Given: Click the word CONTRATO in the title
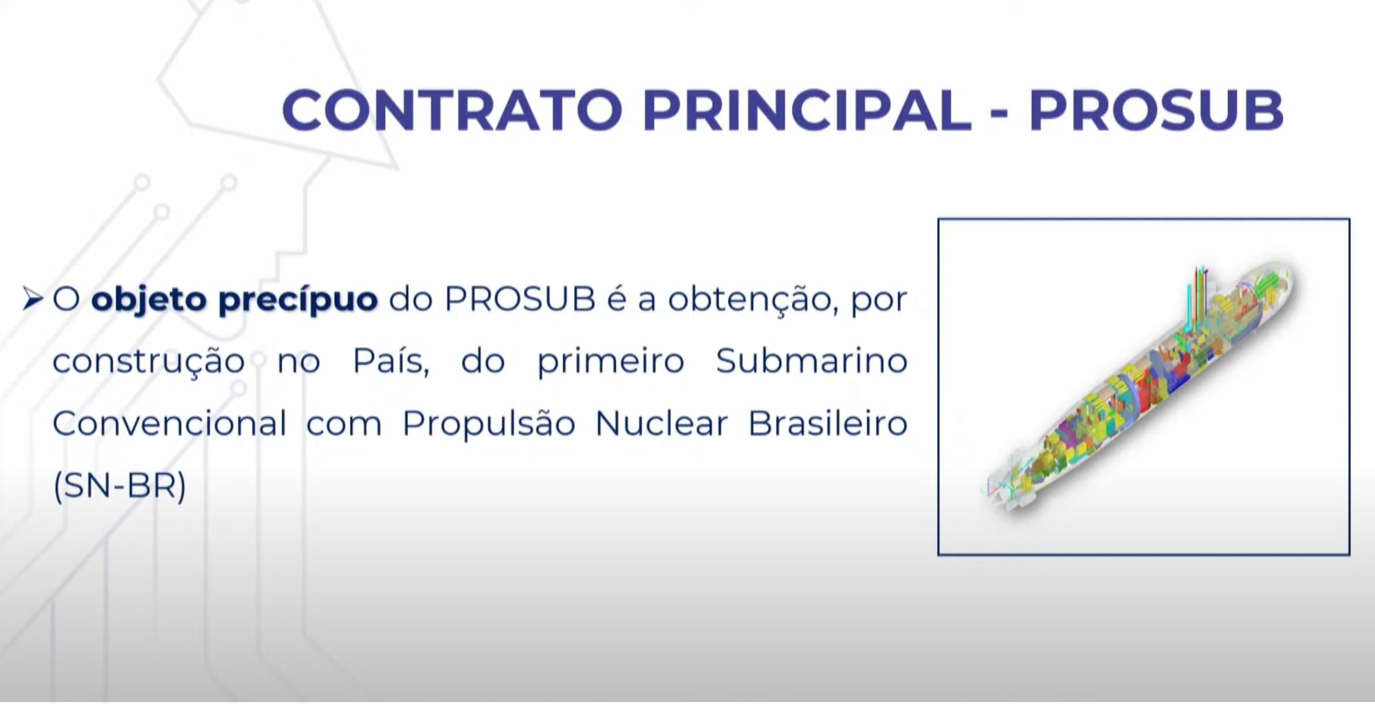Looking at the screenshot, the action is (x=452, y=110).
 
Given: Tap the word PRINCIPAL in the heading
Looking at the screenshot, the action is (x=807, y=110).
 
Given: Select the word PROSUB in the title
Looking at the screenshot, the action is (x=1156, y=110).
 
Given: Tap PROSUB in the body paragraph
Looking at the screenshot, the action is (x=520, y=299).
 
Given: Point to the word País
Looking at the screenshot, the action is (x=391, y=361).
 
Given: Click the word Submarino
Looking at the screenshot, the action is (x=812, y=361).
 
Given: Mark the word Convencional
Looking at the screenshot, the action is (x=170, y=423).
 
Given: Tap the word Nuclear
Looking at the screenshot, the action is (x=661, y=423).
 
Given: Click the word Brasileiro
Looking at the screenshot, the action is (x=828, y=423).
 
